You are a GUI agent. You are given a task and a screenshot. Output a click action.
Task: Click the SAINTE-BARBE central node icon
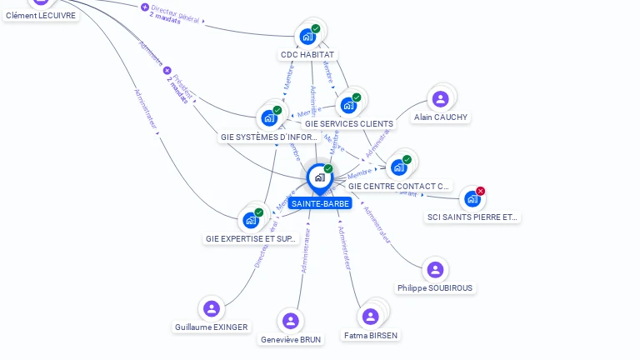[319, 177]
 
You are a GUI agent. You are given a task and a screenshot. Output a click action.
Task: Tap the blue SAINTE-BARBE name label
[321, 203]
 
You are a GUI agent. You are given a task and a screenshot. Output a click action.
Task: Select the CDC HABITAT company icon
[307, 37]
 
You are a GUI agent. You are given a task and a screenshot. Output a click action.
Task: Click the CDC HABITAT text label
[307, 55]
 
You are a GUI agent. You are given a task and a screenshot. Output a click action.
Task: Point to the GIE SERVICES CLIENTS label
[349, 124]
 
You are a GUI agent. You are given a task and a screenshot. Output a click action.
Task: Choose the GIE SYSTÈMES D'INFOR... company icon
[269, 118]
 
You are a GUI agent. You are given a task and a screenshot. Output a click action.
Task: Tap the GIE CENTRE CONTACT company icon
[399, 167]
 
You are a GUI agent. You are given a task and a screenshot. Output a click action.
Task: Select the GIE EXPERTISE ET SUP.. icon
[251, 221]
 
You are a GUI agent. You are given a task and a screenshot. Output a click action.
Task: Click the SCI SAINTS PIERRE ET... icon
[472, 199]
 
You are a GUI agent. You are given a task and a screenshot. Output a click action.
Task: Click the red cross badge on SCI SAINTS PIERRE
[481, 191]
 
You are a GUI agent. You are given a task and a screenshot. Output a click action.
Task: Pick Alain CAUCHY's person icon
[441, 99]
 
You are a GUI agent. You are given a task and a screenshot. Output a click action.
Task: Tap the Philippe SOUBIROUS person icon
[435, 270]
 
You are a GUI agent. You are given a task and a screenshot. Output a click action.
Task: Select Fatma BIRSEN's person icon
[371, 317]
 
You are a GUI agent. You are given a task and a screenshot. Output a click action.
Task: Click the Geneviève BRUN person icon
[291, 321]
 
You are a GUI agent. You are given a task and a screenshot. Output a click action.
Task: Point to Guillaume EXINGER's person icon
[212, 309]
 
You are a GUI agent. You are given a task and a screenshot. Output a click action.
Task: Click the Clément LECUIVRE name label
[41, 15]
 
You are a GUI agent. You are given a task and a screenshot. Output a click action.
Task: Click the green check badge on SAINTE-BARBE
[328, 169]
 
